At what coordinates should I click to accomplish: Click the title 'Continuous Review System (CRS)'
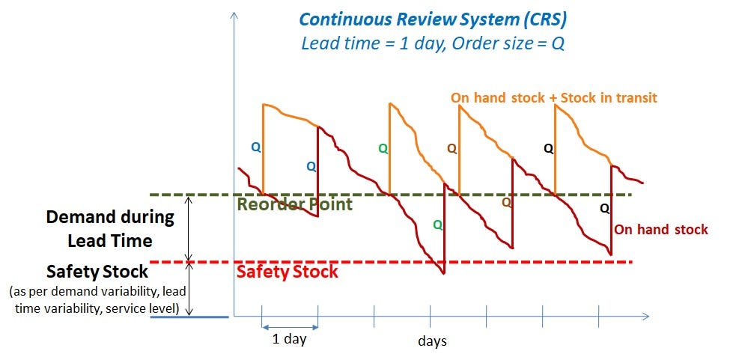pyautogui.click(x=433, y=19)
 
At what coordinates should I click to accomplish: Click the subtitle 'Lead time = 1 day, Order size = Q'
pyautogui.click(x=433, y=43)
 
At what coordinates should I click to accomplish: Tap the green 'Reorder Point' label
pyautogui.click(x=295, y=204)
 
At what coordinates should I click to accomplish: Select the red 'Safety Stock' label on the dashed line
pyautogui.click(x=288, y=272)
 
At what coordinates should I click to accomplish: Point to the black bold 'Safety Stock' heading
pyautogui.click(x=97, y=271)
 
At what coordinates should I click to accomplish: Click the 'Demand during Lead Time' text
pyautogui.click(x=110, y=229)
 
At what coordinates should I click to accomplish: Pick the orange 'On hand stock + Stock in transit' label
pyautogui.click(x=554, y=98)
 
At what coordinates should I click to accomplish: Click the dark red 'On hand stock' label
pyautogui.click(x=660, y=229)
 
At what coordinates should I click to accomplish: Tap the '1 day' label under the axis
pyautogui.click(x=289, y=338)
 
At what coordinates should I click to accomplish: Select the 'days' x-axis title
pyautogui.click(x=432, y=341)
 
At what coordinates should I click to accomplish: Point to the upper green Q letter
pyautogui.click(x=383, y=149)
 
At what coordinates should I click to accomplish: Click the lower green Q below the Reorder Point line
pyautogui.click(x=437, y=225)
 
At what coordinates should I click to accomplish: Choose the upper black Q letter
pyautogui.click(x=549, y=149)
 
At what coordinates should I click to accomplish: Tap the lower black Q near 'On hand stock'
pyautogui.click(x=604, y=209)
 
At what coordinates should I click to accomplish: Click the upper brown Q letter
pyautogui.click(x=451, y=149)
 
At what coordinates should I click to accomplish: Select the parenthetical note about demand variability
pyautogui.click(x=97, y=299)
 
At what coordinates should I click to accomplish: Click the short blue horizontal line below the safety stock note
pyautogui.click(x=189, y=317)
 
